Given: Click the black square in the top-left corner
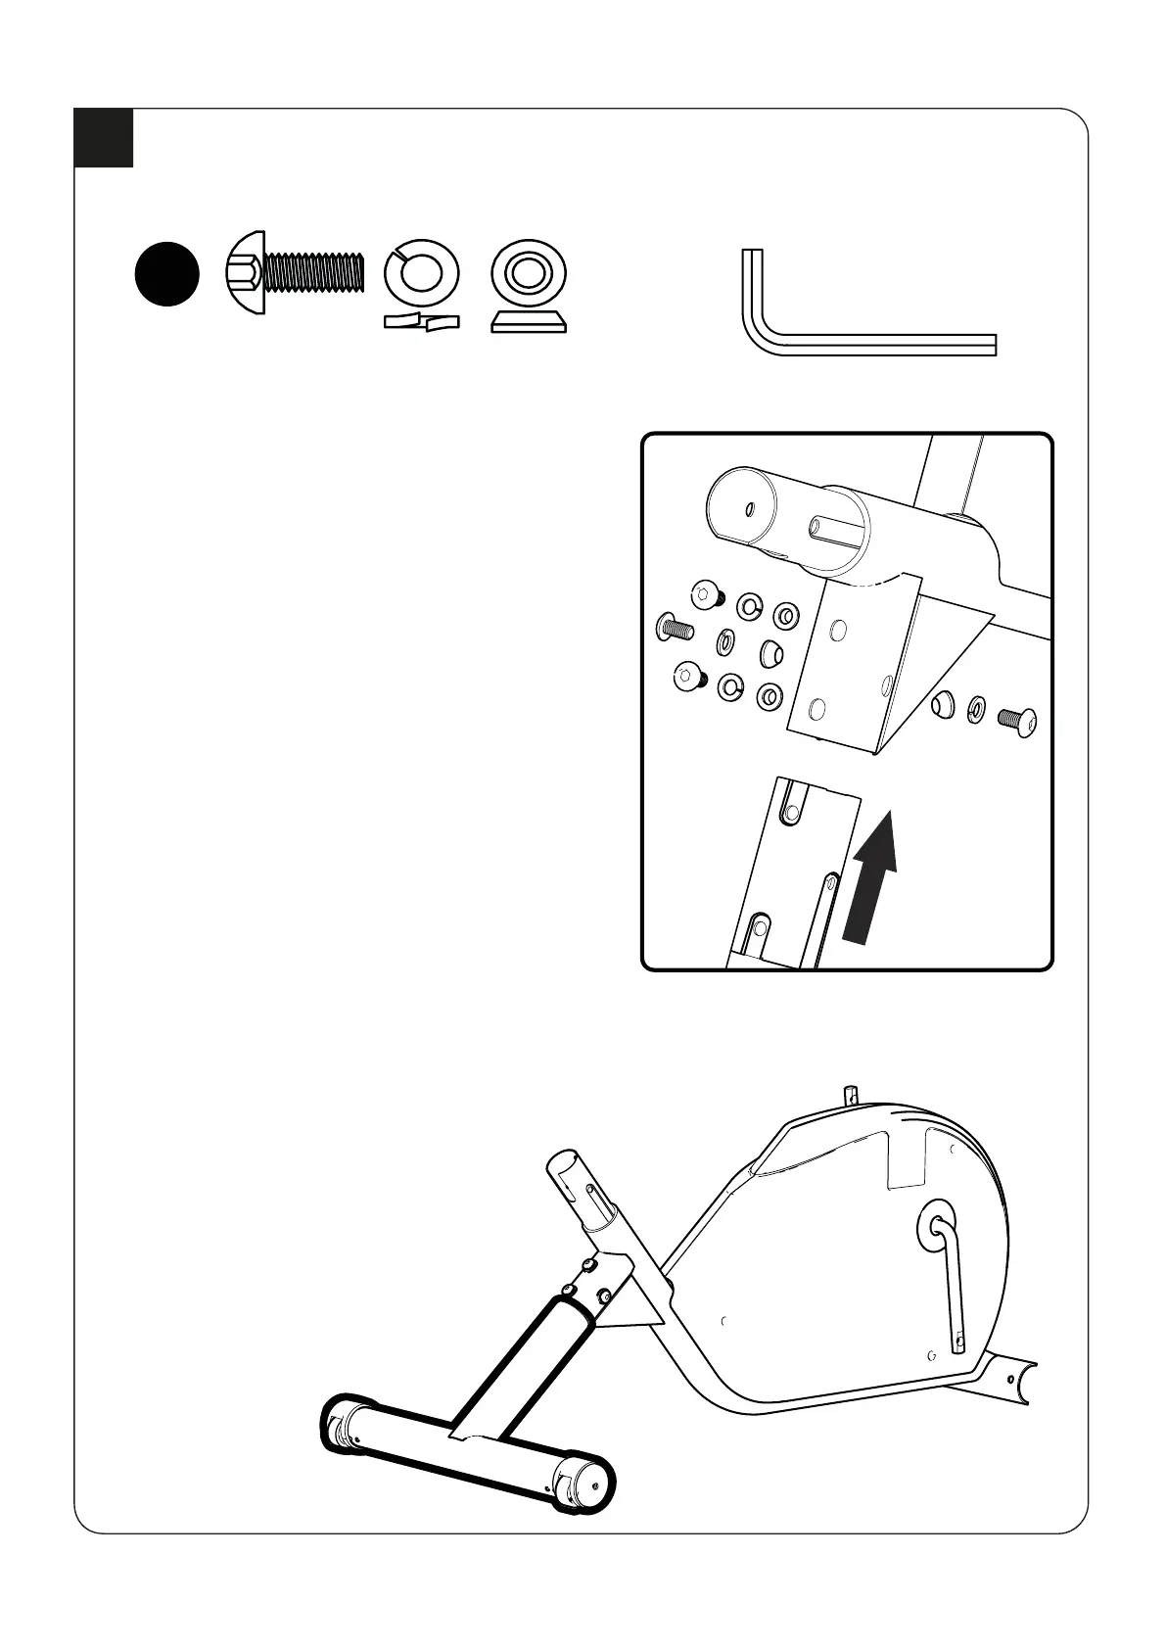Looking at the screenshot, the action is (104, 138).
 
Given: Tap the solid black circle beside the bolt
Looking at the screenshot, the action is (166, 274).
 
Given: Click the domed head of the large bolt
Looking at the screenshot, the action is (245, 272).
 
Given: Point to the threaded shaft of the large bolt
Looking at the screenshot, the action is (313, 271).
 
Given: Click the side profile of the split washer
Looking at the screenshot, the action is (421, 322).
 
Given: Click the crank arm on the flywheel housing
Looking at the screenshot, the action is (950, 1283).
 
